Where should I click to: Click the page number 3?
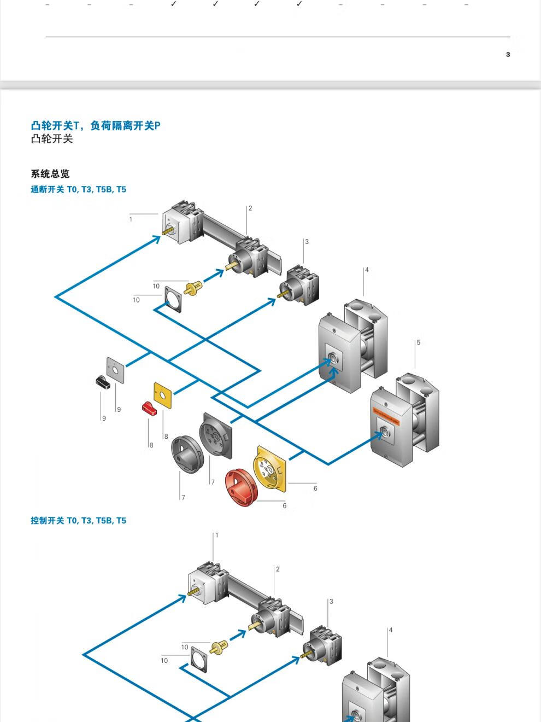(508, 54)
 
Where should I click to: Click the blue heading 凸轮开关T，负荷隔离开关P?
(96, 126)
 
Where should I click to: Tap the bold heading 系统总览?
(50, 174)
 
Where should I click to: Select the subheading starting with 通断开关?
(78, 189)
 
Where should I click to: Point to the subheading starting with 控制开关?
(78, 521)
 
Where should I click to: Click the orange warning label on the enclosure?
(386, 415)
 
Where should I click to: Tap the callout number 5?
(419, 342)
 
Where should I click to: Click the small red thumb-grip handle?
(149, 408)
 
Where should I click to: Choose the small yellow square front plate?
(163, 395)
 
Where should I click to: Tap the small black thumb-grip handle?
(103, 382)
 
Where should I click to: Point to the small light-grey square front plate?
(115, 370)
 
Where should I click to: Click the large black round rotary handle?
(187, 453)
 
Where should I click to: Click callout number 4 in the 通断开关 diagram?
(367, 270)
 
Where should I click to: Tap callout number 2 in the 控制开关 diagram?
(278, 569)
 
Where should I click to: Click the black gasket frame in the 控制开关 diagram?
(199, 659)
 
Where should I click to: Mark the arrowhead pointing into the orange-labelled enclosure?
(378, 435)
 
